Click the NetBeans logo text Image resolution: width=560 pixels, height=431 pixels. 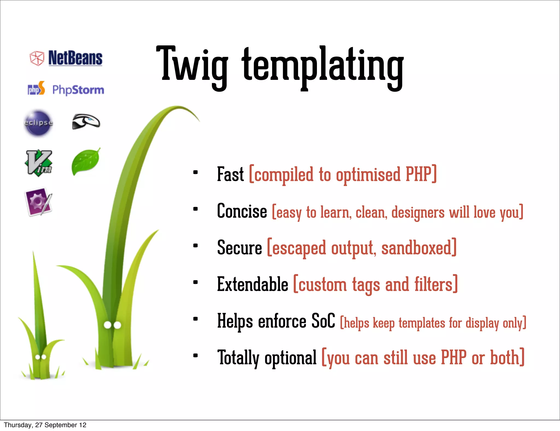(75, 58)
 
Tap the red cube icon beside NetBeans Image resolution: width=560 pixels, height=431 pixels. (37, 58)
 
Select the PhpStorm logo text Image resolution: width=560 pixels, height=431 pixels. (78, 90)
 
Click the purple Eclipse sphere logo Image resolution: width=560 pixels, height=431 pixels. (38, 123)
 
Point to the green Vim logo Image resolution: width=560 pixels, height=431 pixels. (39, 163)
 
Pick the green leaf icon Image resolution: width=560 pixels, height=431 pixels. (86, 162)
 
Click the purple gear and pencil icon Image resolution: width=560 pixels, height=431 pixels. (39, 202)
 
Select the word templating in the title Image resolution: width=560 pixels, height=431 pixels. (323, 67)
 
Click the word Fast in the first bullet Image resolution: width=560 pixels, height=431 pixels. (230, 174)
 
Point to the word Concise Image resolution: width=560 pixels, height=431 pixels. (242, 211)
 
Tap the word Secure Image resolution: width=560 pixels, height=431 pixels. (240, 247)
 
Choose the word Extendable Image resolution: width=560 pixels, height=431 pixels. (252, 284)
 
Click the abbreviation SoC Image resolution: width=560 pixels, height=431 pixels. (323, 321)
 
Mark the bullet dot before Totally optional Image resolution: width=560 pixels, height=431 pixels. (195, 356)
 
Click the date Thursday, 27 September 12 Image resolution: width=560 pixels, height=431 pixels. (45, 425)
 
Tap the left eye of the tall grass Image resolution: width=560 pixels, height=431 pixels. (108, 325)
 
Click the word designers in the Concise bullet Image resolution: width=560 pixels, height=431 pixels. (418, 212)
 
